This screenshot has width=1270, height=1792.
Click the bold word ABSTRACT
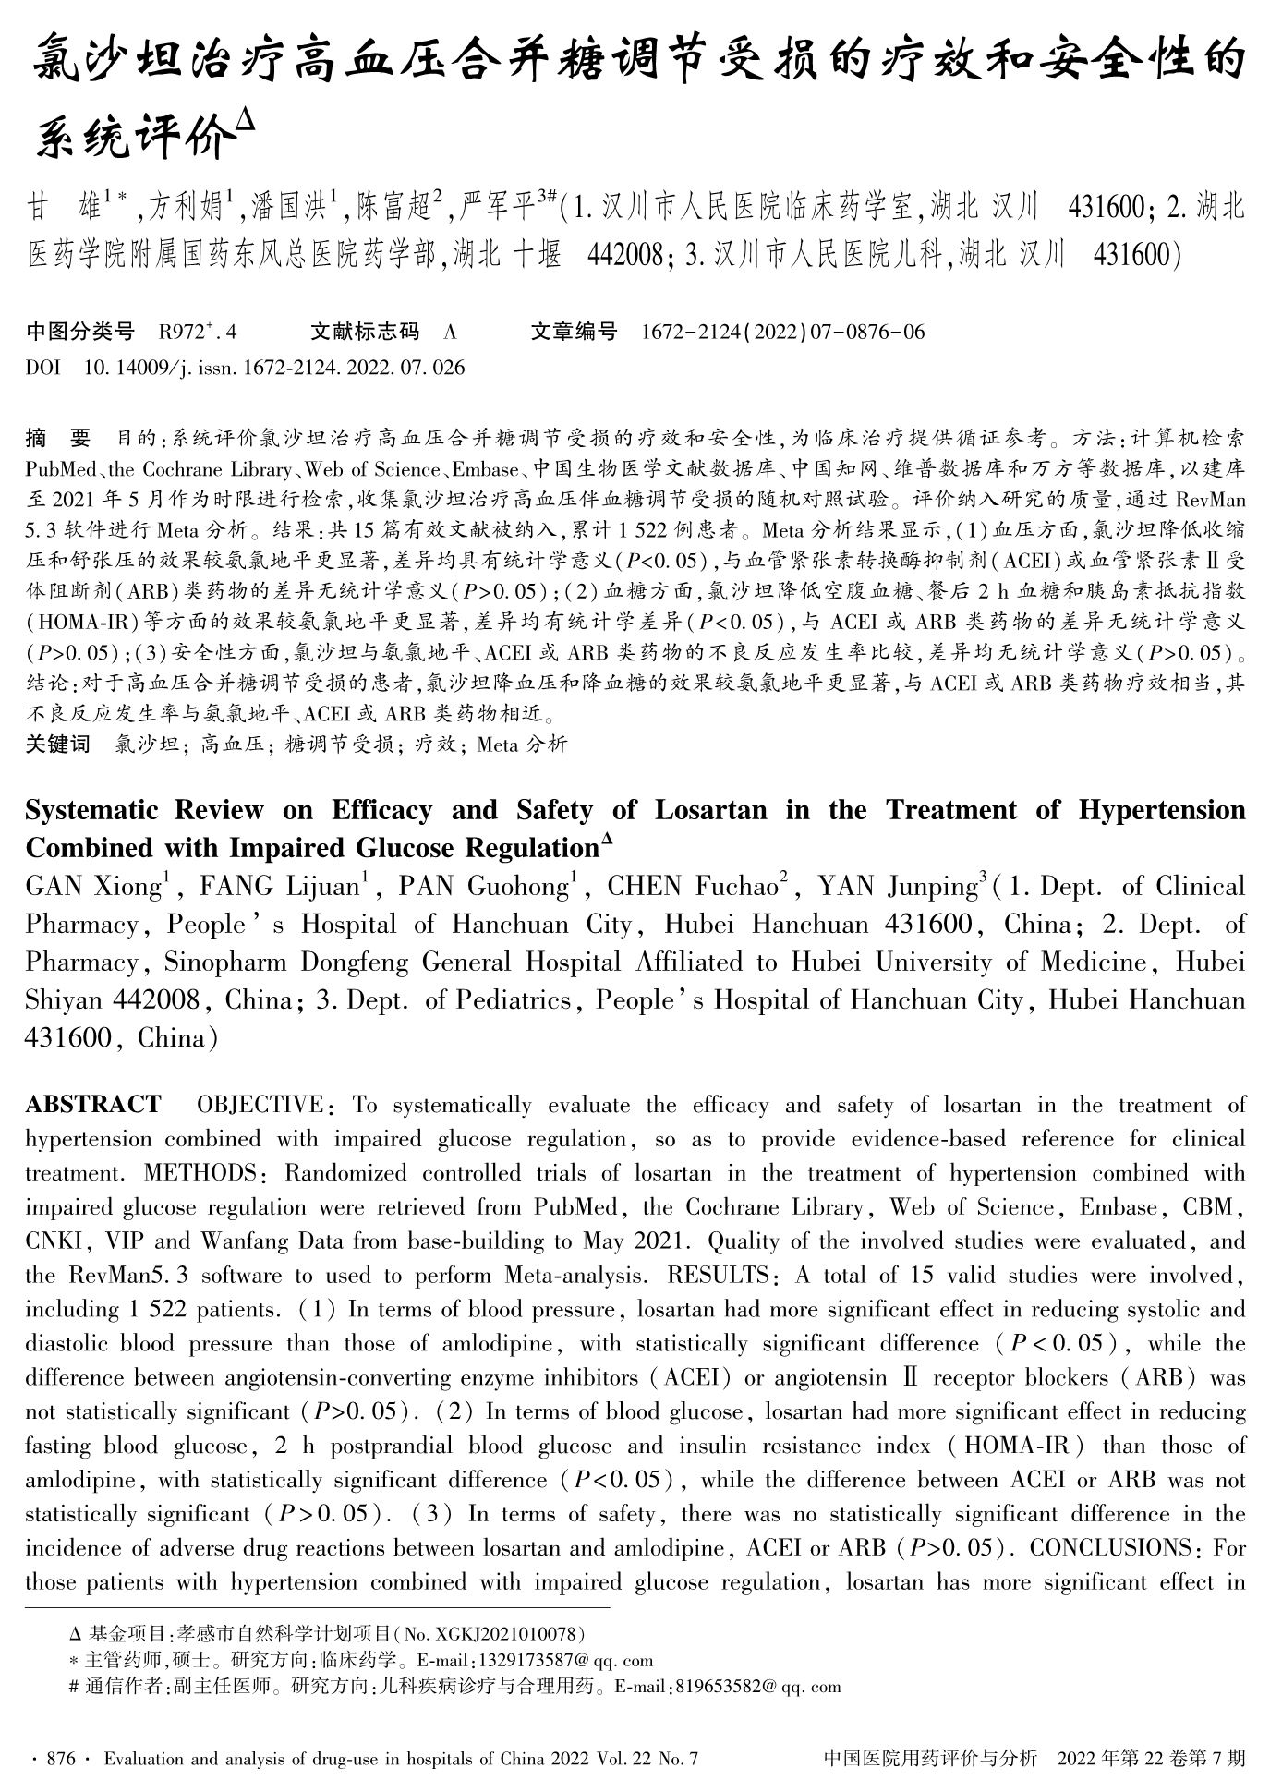[92, 1105]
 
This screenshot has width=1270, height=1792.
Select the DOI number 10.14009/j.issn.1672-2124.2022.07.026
[274, 368]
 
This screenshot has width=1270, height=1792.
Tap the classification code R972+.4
[199, 332]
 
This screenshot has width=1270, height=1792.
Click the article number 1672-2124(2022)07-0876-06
[782, 332]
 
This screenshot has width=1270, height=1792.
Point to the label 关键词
[57, 744]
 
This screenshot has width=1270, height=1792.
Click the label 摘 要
[57, 437]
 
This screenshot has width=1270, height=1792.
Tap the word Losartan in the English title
[710, 810]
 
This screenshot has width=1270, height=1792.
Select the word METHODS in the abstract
[200, 1173]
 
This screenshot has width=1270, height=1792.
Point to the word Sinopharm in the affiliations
[224, 963]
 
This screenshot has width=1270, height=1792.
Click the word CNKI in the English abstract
[52, 1241]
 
